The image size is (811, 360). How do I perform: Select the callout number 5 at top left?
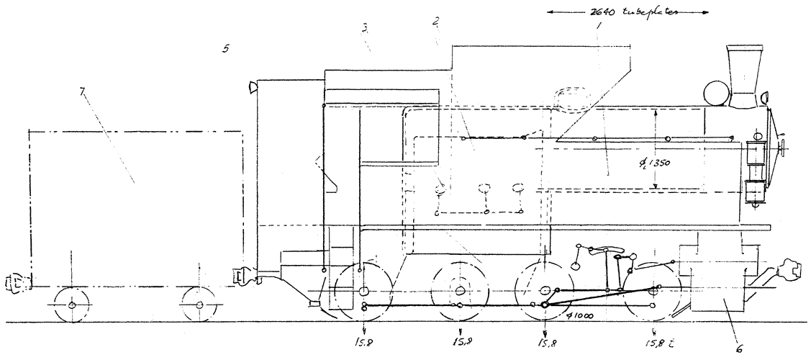(x=226, y=49)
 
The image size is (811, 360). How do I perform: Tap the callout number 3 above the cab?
(x=366, y=28)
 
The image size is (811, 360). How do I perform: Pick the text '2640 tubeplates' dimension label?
(x=627, y=12)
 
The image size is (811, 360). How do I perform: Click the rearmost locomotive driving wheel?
(x=363, y=291)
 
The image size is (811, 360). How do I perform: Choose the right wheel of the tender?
(x=199, y=305)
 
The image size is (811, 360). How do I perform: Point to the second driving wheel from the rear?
(x=458, y=291)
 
